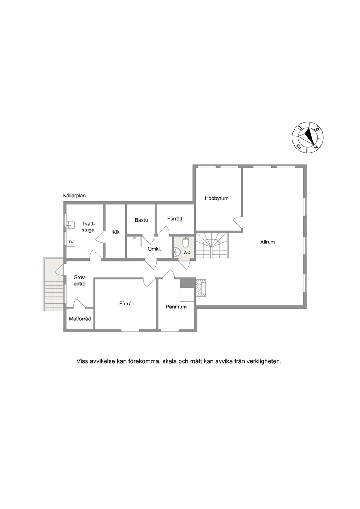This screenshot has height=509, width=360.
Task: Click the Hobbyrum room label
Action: [216, 198]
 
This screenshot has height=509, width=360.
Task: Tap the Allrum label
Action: [267, 242]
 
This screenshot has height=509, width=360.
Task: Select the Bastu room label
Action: [141, 220]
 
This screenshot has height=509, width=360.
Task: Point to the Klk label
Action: [116, 232]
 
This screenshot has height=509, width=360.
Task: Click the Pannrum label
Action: [176, 307]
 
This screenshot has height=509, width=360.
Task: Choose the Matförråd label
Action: [80, 319]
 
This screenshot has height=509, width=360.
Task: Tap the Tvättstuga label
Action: [88, 227]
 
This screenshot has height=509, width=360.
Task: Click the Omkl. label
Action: [154, 249]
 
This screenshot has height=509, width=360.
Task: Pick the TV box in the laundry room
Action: [71, 242]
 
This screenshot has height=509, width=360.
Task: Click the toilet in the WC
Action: [186, 242]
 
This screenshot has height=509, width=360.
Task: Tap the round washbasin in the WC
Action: [177, 251]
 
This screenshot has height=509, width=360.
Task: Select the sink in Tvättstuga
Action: [71, 225]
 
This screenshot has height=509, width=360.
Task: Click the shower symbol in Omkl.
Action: [135, 238]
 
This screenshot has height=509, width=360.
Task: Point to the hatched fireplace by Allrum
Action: [200, 288]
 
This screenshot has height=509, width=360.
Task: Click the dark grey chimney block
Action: [188, 283]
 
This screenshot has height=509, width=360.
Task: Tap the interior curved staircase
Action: [212, 245]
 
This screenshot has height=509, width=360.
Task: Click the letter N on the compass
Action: [315, 147]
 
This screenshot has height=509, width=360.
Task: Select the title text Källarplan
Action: [74, 196]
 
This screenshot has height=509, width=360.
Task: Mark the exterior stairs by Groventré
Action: [53, 284]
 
